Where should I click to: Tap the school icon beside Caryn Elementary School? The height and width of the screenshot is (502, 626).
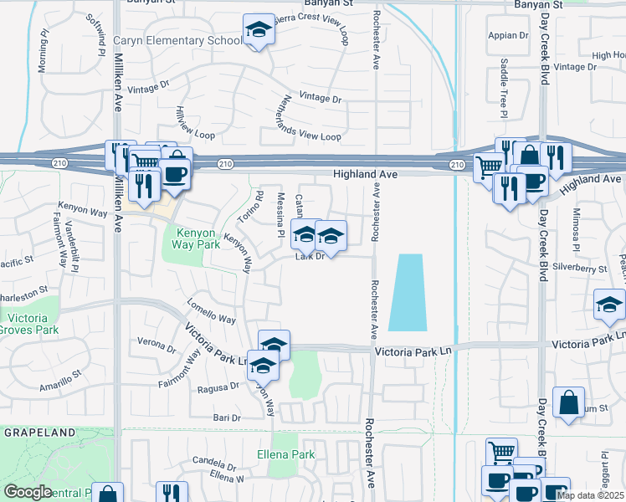point(259,31)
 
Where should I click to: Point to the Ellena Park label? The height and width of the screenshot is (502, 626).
point(285,455)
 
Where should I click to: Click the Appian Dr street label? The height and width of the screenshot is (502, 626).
point(515,36)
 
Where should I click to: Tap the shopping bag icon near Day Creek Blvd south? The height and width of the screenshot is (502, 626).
point(568,402)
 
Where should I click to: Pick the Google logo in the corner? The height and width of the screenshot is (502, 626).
point(28,492)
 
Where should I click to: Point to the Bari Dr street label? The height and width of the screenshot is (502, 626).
point(226,417)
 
